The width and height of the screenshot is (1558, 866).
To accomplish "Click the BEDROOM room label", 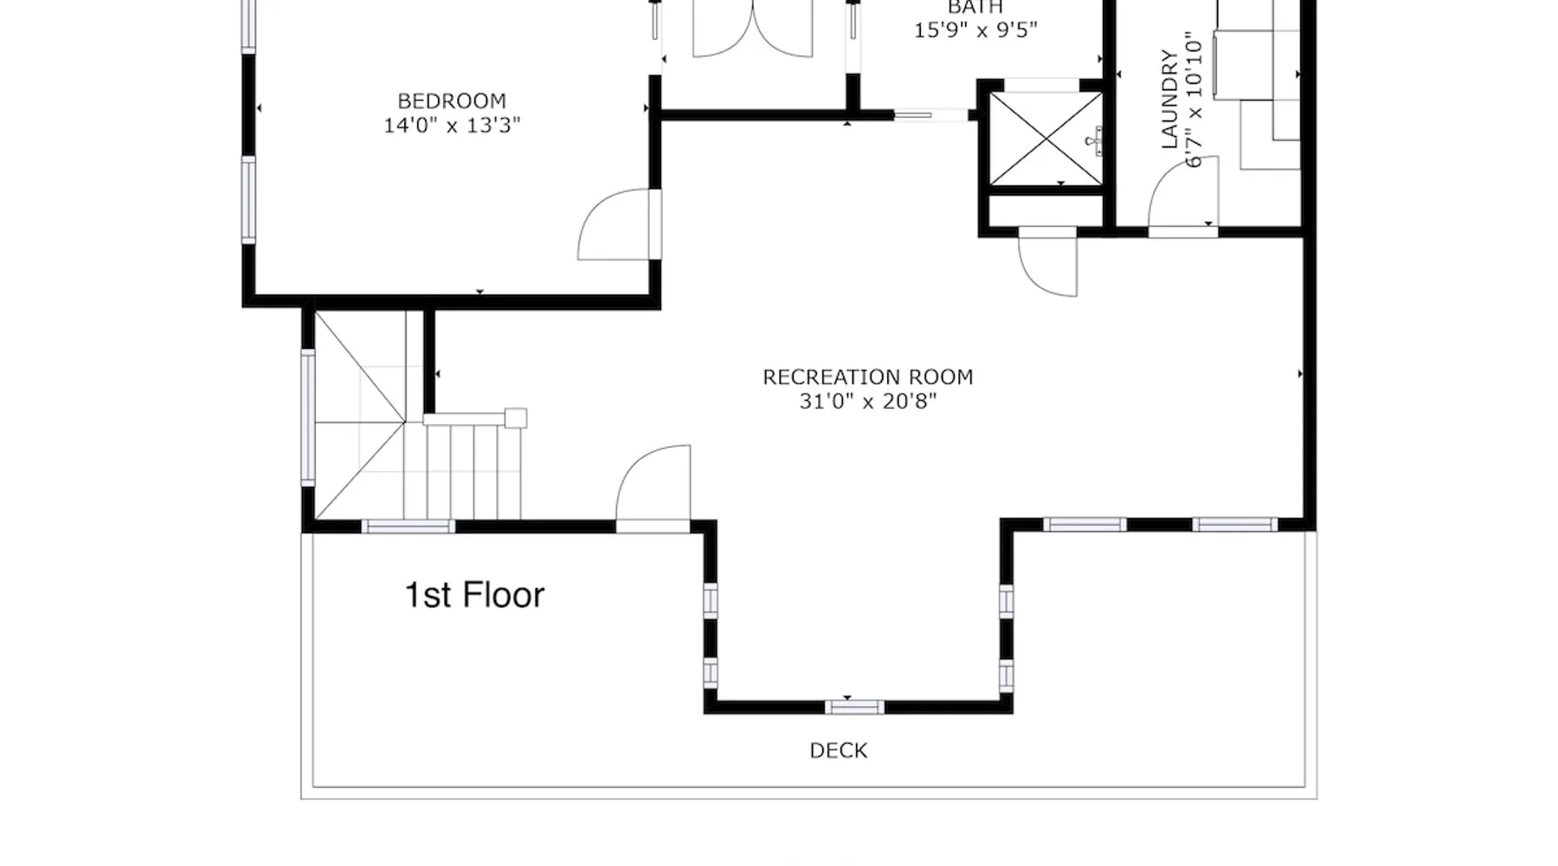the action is click(452, 101).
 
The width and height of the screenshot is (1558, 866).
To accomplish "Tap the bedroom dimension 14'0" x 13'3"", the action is click(452, 126).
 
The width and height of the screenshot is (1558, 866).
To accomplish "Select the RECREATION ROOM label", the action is click(867, 378).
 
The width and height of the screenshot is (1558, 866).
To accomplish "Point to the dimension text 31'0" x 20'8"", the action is click(868, 402).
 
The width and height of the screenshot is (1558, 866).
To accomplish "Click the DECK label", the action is click(839, 751).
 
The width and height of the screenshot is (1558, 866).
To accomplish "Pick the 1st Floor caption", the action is click(474, 595).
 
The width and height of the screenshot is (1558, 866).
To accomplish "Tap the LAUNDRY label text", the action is click(1169, 100).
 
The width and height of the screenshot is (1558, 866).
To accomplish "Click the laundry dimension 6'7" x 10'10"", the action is click(1194, 100).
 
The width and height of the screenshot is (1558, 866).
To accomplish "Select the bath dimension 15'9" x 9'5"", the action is click(975, 29).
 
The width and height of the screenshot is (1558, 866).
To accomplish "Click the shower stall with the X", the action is click(1046, 139).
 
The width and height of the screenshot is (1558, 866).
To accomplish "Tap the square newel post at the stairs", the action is click(516, 418).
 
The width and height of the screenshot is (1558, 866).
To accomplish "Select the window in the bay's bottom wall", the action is click(854, 708).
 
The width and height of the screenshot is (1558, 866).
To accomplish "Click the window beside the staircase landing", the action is click(307, 416).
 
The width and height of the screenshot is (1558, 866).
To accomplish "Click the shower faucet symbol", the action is click(1095, 141).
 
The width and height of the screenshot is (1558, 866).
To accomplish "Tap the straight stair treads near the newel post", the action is click(462, 472).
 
